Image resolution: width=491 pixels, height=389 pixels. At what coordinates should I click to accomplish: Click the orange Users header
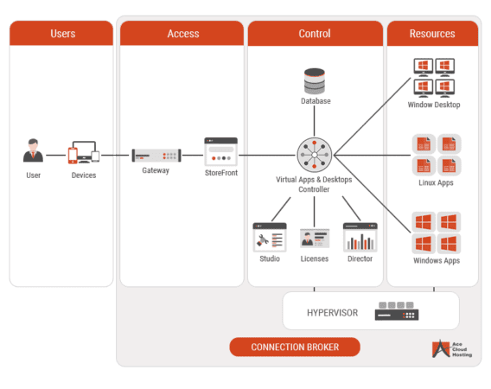pyautogui.click(x=61, y=34)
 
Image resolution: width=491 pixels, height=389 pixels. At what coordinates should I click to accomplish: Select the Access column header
pyautogui.click(x=182, y=34)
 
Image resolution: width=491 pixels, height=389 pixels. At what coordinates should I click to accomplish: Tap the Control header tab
pyautogui.click(x=315, y=34)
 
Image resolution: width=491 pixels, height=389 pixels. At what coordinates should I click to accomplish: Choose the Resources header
pyautogui.click(x=432, y=34)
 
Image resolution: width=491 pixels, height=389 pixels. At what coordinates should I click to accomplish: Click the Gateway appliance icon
pyautogui.click(x=156, y=156)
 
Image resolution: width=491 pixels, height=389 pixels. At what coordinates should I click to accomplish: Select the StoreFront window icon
pyautogui.click(x=220, y=151)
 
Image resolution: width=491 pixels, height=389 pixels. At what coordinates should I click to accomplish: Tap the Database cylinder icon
pyautogui.click(x=315, y=81)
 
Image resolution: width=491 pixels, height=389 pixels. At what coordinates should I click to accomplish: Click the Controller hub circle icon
pyautogui.click(x=315, y=156)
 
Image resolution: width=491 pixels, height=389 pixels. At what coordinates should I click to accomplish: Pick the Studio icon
pyautogui.click(x=269, y=236)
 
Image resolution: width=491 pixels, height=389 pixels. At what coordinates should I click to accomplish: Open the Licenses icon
pyautogui.click(x=315, y=238)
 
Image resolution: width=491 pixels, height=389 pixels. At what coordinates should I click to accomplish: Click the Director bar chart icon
pyautogui.click(x=360, y=237)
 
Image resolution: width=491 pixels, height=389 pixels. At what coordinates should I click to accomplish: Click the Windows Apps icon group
pyautogui.click(x=435, y=231)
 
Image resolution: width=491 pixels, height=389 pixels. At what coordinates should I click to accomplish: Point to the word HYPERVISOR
pyautogui.click(x=333, y=311)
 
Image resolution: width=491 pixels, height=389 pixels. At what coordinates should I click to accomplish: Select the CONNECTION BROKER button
pyautogui.click(x=294, y=347)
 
